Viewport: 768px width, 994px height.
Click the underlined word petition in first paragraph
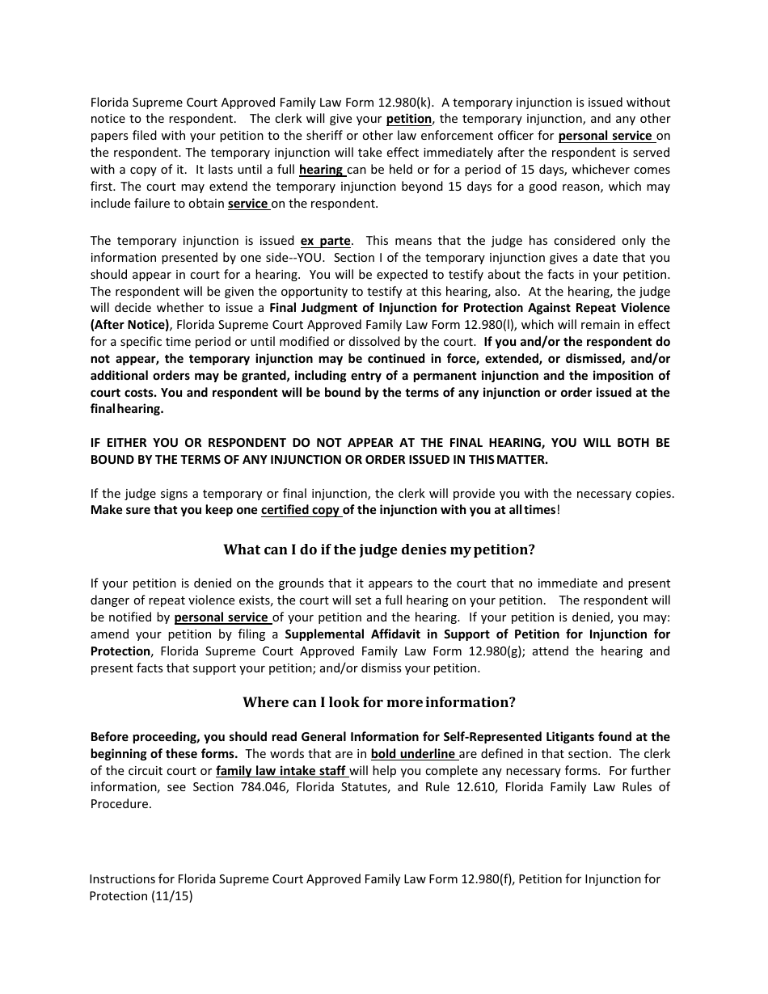(x=408, y=119)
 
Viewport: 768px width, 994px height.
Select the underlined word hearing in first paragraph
(x=321, y=170)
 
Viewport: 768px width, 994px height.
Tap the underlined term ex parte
(x=325, y=241)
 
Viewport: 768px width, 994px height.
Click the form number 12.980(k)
(x=406, y=102)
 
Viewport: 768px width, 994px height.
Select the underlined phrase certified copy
(x=300, y=510)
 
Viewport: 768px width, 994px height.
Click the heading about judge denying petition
(x=379, y=550)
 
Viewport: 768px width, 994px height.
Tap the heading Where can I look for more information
(x=379, y=702)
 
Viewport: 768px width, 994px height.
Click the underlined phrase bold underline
(x=413, y=754)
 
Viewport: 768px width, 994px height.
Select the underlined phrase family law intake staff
(x=281, y=771)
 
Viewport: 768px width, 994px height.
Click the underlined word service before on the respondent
(x=247, y=204)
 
